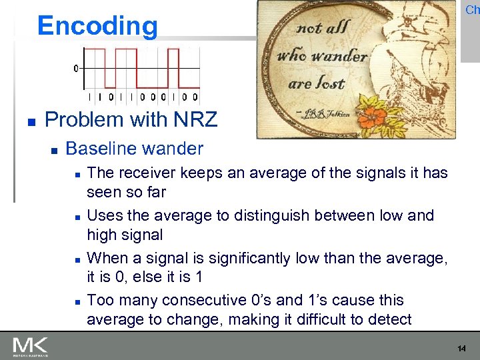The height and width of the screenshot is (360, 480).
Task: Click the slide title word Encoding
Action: click(x=98, y=26)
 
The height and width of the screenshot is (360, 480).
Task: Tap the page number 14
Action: click(x=462, y=349)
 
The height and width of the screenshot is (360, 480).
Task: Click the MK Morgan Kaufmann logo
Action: click(x=30, y=347)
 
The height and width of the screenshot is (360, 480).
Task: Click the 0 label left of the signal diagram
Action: click(x=76, y=68)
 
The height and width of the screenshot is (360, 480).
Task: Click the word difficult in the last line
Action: click(x=343, y=319)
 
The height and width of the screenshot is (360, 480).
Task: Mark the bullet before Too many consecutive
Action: click(x=77, y=301)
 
